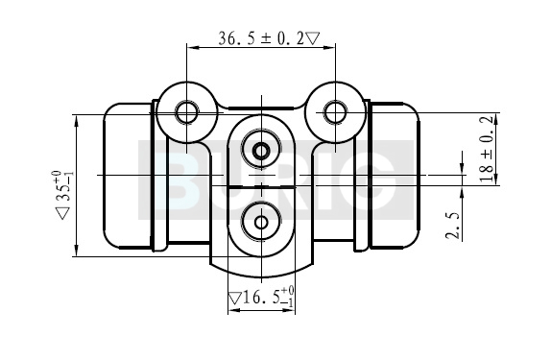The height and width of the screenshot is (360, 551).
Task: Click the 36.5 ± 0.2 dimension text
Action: [261, 38]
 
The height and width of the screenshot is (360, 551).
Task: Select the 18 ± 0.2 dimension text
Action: [487, 149]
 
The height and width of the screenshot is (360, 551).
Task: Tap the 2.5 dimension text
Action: [452, 226]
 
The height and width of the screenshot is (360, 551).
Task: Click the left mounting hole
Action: [186, 112]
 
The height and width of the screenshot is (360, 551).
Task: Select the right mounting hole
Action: [335, 112]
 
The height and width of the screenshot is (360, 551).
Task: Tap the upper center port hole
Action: [261, 152]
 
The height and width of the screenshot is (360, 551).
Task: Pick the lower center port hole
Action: [261, 222]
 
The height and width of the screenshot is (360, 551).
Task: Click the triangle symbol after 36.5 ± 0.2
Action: [313, 38]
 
